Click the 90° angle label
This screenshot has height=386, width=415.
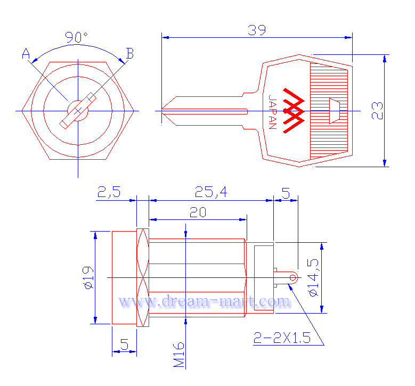click(x=76, y=37)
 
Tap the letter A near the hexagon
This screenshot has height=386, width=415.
click(x=26, y=53)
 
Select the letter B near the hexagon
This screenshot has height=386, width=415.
click(x=129, y=53)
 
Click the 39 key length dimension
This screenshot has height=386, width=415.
click(x=257, y=30)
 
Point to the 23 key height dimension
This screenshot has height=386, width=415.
click(x=377, y=111)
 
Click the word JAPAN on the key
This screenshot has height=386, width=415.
click(x=272, y=112)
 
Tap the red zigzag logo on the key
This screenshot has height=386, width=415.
click(x=294, y=111)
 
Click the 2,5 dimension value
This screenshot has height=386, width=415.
click(x=109, y=192)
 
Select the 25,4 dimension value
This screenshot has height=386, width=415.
click(x=211, y=192)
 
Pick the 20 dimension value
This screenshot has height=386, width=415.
click(x=198, y=212)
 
